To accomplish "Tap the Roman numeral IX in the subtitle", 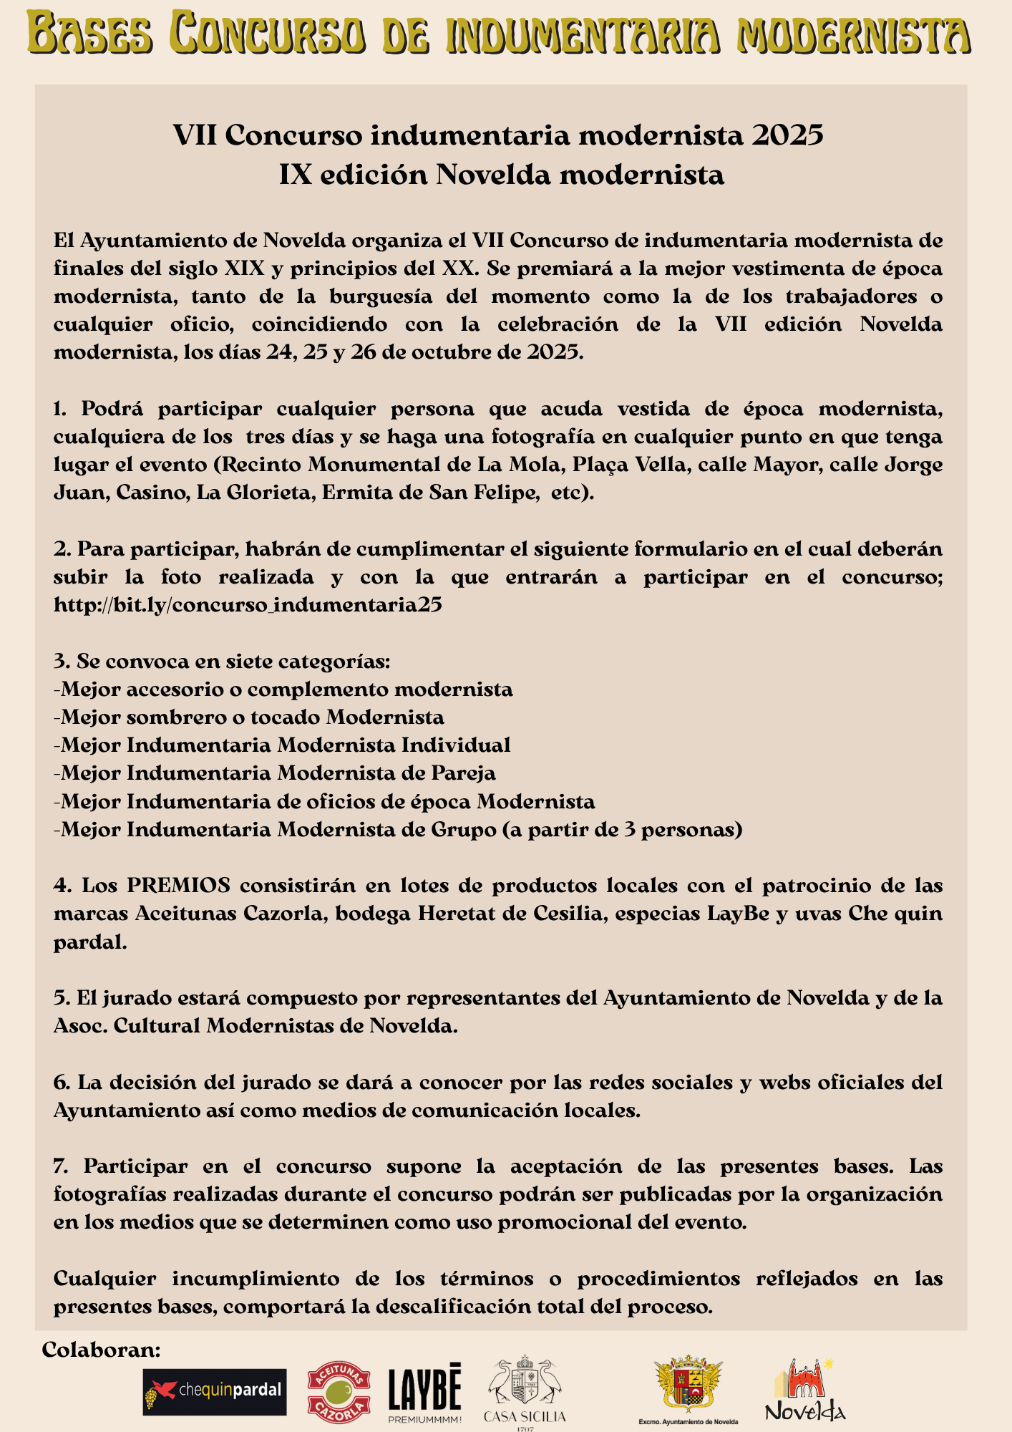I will pyautogui.click(x=294, y=175).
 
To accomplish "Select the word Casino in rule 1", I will pyautogui.click(x=140, y=493).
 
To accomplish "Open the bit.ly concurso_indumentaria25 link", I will pyautogui.click(x=248, y=605).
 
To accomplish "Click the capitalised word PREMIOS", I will pyautogui.click(x=179, y=886).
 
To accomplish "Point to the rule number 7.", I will pyautogui.click(x=60, y=1166).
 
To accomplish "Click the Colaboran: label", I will pyautogui.click(x=101, y=1350).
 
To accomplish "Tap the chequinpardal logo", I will pyautogui.click(x=215, y=1392).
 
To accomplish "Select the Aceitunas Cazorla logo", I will pyautogui.click(x=339, y=1392).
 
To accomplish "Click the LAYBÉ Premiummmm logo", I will pyautogui.click(x=425, y=1392).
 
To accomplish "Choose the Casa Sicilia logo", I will pyautogui.click(x=525, y=1392).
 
